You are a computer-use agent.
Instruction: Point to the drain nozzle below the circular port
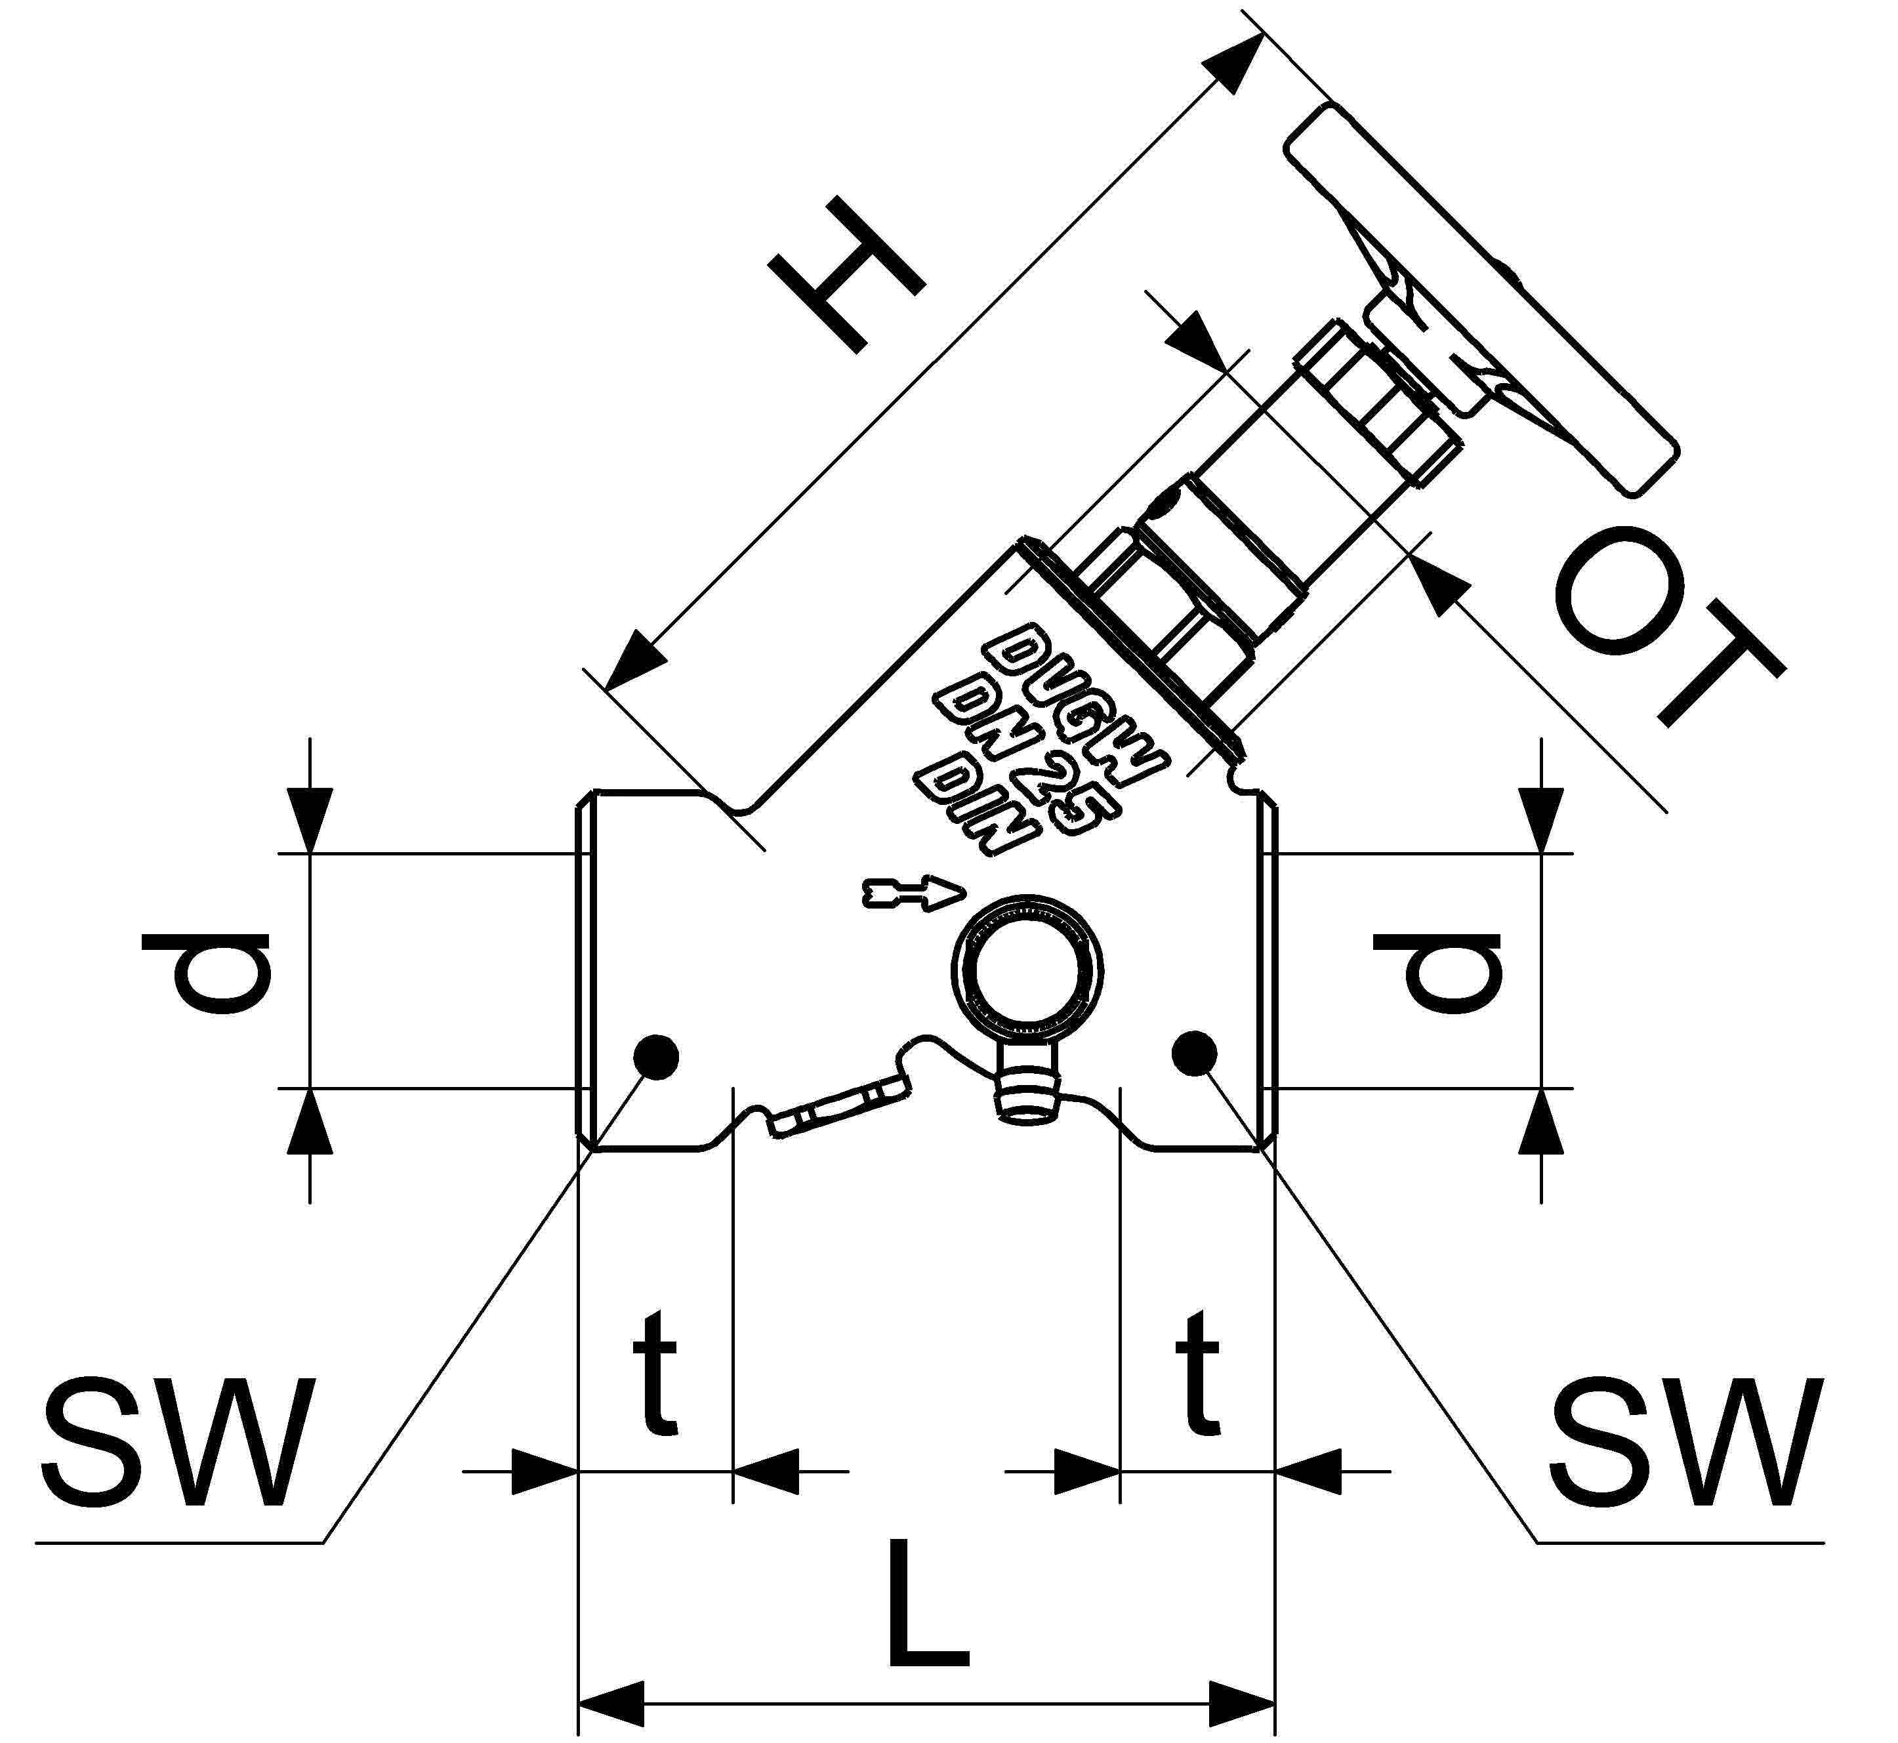[x=1027, y=1094]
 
